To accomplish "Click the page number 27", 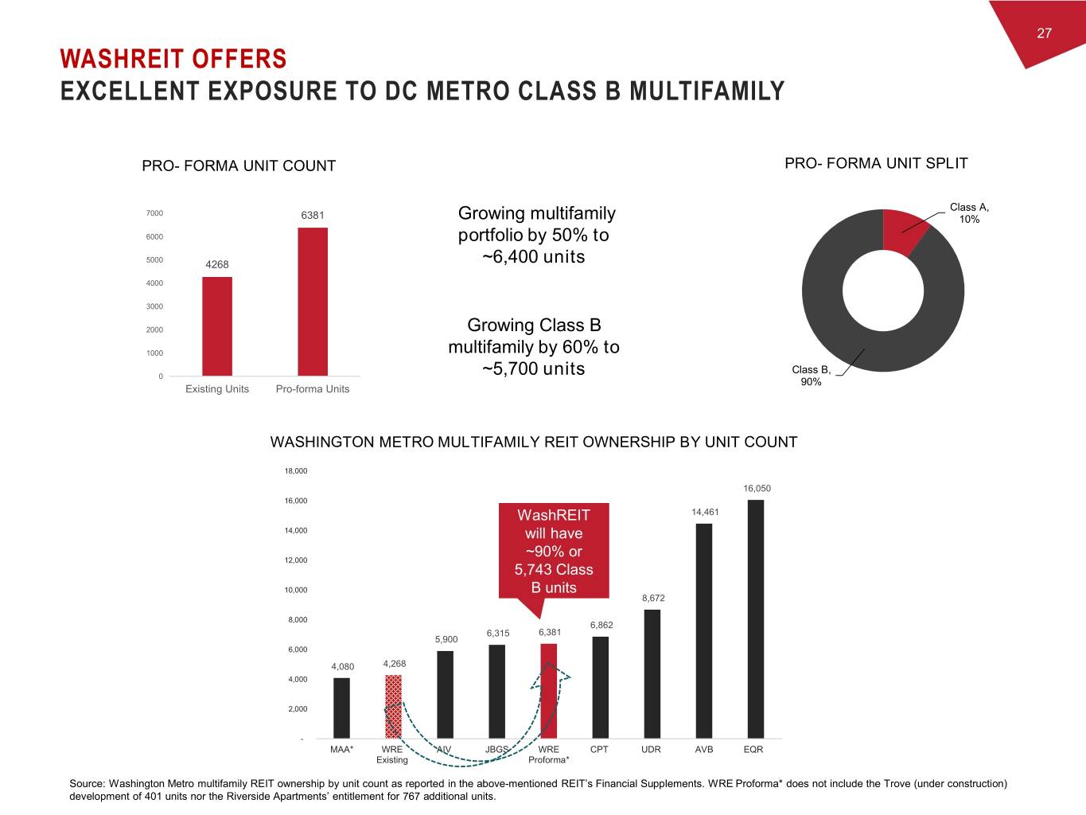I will (1044, 33).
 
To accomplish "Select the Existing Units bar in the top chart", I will (217, 326).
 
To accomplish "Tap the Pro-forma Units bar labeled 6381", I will (313, 302).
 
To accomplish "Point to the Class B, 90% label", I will (811, 376).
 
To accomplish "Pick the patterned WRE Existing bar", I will (393, 706).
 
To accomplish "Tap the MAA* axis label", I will (342, 750).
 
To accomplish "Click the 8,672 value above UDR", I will (653, 598).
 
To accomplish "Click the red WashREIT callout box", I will (554, 551).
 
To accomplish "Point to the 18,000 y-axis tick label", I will (296, 471).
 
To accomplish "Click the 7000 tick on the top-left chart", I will (154, 213).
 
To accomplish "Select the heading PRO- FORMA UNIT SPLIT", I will (876, 164).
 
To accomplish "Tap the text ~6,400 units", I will (534, 257).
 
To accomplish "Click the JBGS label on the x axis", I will (496, 750).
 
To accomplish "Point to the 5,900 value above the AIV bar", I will (446, 639).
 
